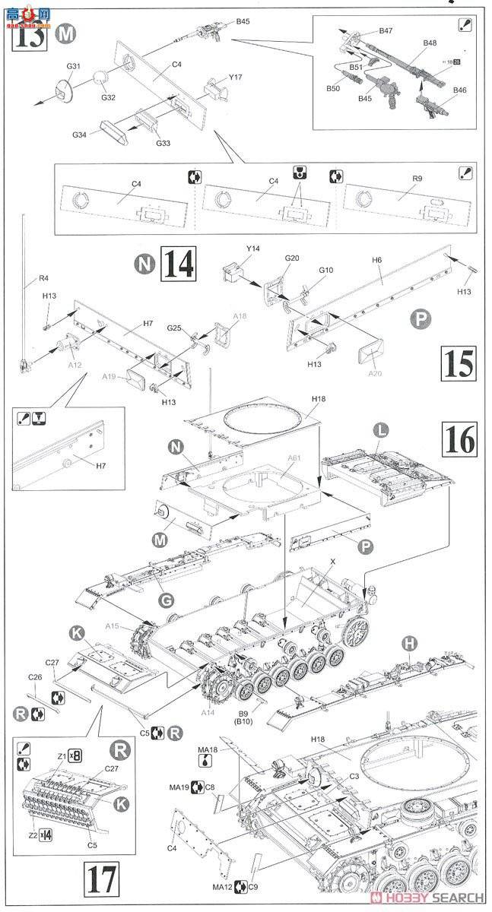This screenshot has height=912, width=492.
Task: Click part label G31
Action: point(73,67)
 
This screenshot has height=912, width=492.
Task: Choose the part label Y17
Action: point(235,77)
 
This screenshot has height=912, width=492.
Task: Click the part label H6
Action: point(377,260)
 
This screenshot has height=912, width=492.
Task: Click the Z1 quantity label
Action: point(63,755)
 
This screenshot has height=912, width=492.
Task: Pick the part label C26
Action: point(36,677)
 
